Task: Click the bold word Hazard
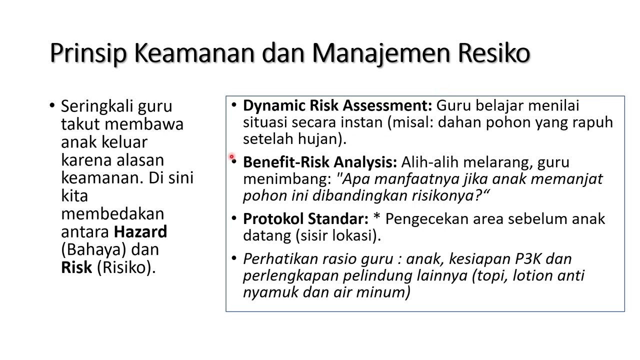[140, 231]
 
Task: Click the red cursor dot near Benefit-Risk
[232, 157]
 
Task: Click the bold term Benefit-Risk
[286, 162]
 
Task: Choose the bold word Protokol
[273, 219]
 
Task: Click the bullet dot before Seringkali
[52, 105]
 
